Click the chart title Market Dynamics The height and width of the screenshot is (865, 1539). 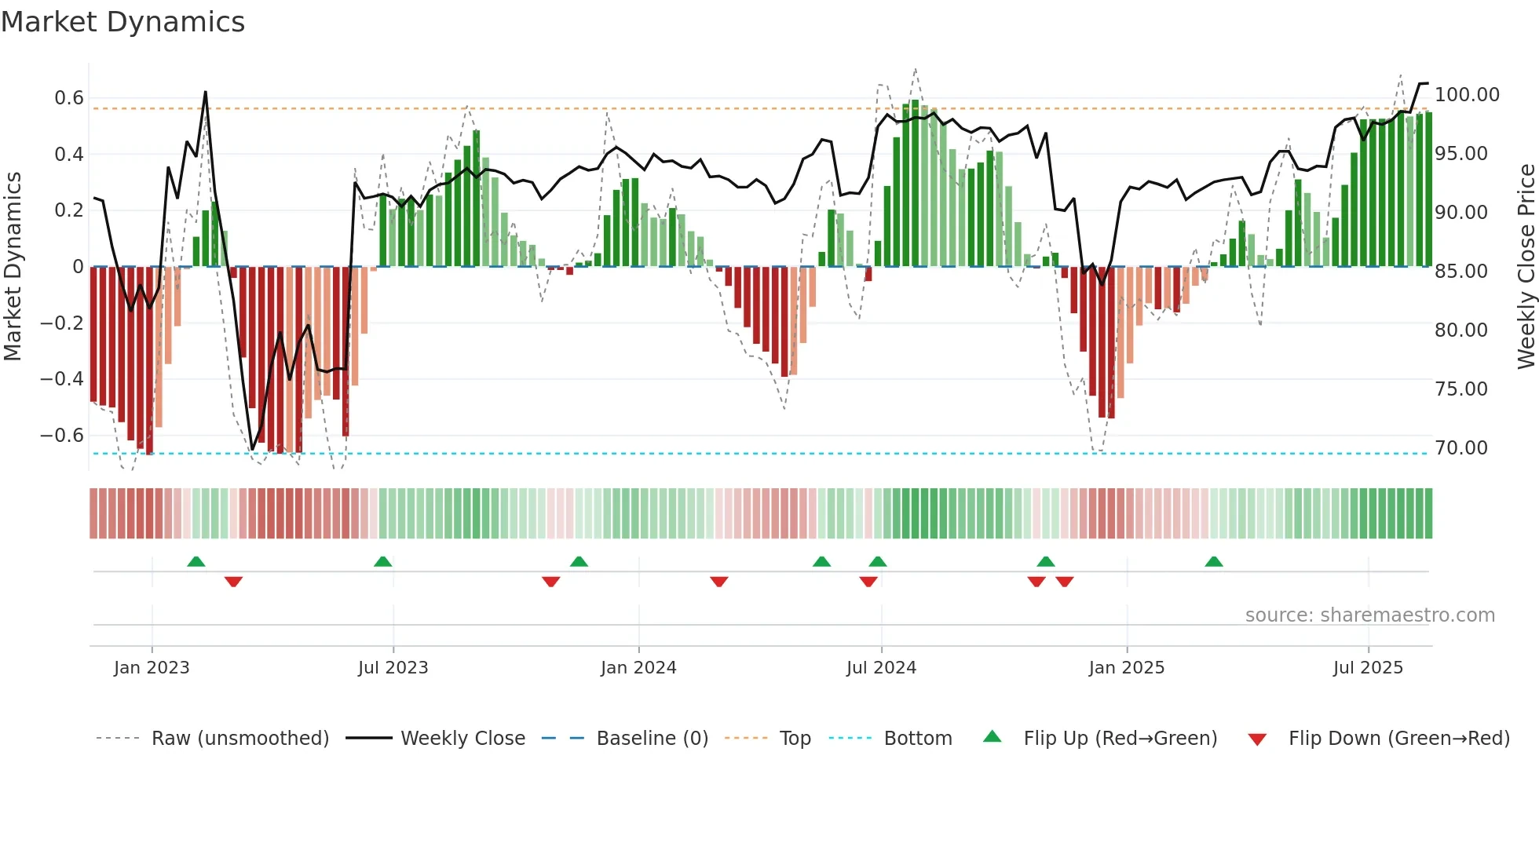[x=122, y=22]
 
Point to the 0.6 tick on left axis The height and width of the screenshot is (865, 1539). [x=69, y=98]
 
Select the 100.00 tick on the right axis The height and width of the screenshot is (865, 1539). [x=1467, y=95]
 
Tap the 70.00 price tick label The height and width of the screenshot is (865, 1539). [x=1460, y=448]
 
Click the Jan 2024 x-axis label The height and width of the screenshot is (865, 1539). [x=638, y=668]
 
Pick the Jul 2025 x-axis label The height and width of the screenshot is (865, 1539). [x=1368, y=668]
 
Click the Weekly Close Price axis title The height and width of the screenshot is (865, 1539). [x=1526, y=267]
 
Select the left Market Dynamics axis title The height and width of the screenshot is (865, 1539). [x=13, y=267]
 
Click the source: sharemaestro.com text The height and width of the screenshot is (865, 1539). [x=1369, y=615]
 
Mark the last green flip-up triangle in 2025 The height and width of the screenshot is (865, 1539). [x=1214, y=561]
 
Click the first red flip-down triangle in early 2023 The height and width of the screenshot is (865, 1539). [x=233, y=582]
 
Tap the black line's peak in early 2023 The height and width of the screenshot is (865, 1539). [x=206, y=92]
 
